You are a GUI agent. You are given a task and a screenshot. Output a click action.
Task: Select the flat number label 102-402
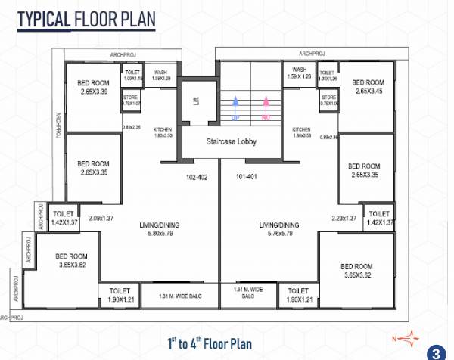[x=196, y=178]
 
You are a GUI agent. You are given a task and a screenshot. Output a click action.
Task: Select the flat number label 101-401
[x=247, y=178]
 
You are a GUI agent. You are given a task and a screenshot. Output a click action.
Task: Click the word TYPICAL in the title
[x=43, y=18]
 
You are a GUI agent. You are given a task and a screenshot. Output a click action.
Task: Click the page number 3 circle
[x=437, y=352]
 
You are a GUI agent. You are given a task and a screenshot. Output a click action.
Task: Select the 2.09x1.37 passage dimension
[x=101, y=219]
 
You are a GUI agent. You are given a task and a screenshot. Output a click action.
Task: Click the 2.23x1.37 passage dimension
[x=344, y=219]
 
